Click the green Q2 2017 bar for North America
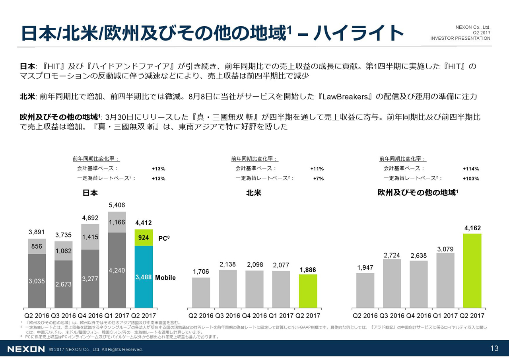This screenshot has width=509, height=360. coord(308,291)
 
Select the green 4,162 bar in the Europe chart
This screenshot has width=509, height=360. coord(472,270)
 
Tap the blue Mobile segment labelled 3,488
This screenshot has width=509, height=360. coord(144,277)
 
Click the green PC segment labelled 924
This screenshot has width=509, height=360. coord(144,238)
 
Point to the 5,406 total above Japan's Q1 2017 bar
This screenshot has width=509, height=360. coord(117,205)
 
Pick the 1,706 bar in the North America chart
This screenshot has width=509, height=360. coord(201,292)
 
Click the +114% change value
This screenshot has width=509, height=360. coord(471,169)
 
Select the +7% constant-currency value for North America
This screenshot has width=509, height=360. coord(318,179)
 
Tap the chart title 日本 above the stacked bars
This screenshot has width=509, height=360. coord(90,193)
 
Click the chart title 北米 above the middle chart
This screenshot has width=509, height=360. coord(253,193)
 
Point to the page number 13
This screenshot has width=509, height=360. coord(494,349)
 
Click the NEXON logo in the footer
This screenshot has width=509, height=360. coord(26,349)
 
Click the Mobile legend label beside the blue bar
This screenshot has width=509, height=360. coord(165,278)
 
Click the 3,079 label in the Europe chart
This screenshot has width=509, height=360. coord(445,249)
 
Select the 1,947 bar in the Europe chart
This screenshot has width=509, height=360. coord(365,290)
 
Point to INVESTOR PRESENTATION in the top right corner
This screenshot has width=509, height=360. coord(460,38)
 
